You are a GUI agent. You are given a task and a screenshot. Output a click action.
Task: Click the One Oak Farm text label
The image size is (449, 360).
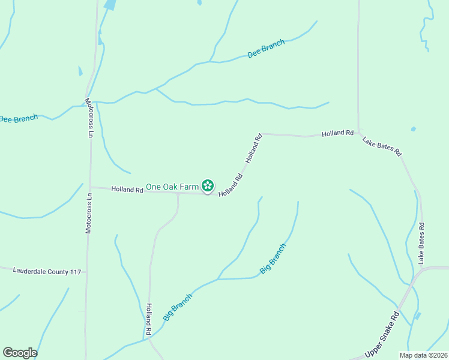pyautogui.click(x=172, y=187)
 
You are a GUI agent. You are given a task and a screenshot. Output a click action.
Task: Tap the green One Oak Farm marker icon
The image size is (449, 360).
pyautogui.click(x=208, y=186)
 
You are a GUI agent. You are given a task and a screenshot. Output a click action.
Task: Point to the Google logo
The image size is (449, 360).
pyautogui.click(x=20, y=353)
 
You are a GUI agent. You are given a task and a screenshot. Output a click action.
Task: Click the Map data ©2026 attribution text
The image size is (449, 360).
pyautogui.click(x=423, y=355)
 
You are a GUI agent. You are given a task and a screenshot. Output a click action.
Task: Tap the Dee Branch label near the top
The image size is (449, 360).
pyautogui.click(x=266, y=49)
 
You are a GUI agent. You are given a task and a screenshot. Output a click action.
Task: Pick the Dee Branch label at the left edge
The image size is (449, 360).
pyautogui.click(x=19, y=119)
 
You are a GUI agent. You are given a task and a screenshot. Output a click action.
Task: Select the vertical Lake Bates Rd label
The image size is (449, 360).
pyautogui.click(x=421, y=244)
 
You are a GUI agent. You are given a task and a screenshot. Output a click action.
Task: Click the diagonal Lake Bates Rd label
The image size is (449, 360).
pyautogui.click(x=382, y=146)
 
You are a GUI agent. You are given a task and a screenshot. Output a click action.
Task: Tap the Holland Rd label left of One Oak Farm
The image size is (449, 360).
pyautogui.click(x=127, y=190)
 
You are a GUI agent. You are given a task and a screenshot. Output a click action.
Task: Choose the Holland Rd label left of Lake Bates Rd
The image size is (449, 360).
pyautogui.click(x=337, y=133)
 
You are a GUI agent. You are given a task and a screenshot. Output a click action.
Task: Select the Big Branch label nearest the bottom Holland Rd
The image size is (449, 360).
pyautogui.click(x=178, y=307)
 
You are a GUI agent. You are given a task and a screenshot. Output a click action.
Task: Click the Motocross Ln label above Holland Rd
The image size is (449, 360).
pyautogui.click(x=89, y=119)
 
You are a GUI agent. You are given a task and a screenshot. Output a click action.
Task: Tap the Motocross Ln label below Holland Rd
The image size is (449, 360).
pyautogui.click(x=89, y=212)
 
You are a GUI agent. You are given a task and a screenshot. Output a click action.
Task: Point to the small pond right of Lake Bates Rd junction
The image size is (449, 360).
pyautogui.click(x=414, y=129)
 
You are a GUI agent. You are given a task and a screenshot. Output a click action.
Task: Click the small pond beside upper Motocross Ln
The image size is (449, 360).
pyautogui.click(x=80, y=71)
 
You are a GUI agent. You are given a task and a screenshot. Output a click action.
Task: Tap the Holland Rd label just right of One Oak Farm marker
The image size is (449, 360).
pyautogui.click(x=231, y=185)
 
